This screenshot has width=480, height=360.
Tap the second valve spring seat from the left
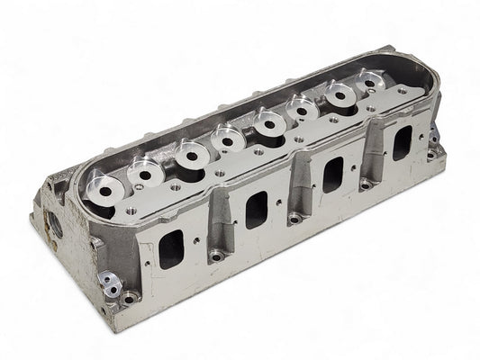144,167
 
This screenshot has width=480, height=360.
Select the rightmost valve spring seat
371,80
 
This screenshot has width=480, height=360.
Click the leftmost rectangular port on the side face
171,249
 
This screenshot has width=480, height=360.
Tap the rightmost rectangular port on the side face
402,142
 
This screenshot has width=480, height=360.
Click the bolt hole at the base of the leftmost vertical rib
216,256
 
